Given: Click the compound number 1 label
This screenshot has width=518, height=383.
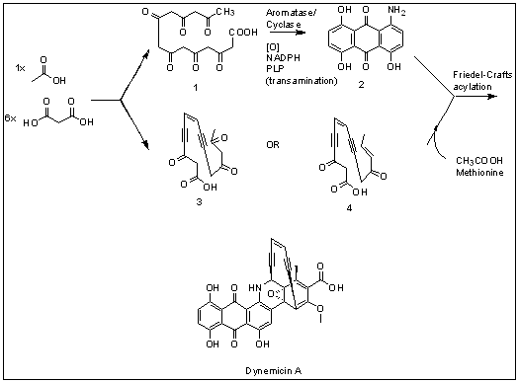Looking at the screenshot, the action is (196, 88).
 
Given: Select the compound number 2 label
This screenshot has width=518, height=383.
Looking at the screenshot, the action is (361, 85).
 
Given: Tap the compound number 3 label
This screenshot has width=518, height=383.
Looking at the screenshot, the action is (199, 201).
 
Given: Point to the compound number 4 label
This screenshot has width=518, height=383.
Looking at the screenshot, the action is (349, 208).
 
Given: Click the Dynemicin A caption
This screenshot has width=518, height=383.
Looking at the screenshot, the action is (273, 371).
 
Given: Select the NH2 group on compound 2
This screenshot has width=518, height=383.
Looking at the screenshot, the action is (396, 11).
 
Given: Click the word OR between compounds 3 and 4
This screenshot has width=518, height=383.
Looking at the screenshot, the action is (273, 145).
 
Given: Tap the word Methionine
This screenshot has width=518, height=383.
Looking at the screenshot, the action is (479, 172).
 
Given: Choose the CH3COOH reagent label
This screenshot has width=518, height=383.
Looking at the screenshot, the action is (479, 161).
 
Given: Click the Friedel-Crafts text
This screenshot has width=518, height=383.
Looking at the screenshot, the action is (482, 75).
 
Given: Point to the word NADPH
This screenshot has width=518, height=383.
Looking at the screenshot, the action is (283, 57).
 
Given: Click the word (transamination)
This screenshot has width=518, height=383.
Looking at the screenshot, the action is (302, 81).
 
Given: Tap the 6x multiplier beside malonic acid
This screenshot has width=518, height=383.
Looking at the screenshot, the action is (10, 117).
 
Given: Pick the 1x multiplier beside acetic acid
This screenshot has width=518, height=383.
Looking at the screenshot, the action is (20, 68).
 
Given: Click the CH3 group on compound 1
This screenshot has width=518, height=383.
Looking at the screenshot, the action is (225, 12).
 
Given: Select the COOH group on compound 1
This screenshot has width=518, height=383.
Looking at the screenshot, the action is (243, 32).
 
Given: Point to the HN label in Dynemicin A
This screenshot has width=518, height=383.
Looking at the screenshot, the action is (255, 288).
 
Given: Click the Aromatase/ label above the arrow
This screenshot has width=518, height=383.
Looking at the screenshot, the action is (291, 13).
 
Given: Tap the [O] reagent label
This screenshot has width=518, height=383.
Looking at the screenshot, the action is (273, 47).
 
